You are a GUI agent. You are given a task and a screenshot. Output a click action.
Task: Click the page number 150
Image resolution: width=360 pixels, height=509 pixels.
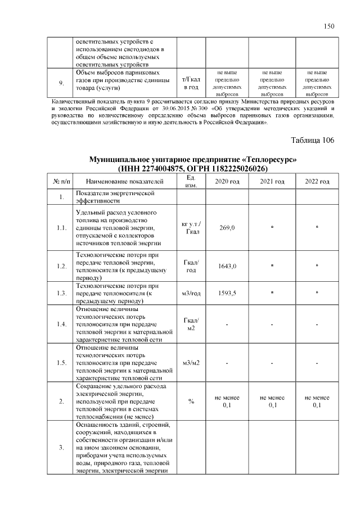[330, 26]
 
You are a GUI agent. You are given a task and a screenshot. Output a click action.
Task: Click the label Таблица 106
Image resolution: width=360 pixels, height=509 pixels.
[312, 140]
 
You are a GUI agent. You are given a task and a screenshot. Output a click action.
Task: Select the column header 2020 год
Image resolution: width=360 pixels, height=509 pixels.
[227, 181]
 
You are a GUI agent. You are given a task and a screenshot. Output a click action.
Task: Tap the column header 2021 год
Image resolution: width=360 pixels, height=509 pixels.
[272, 181]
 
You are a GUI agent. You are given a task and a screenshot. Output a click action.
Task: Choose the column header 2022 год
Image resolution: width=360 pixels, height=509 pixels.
[317, 181]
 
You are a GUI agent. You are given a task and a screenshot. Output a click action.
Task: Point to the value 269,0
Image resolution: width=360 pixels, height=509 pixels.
[227, 228]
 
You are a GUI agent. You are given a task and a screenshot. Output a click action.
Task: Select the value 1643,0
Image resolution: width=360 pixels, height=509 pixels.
[227, 266]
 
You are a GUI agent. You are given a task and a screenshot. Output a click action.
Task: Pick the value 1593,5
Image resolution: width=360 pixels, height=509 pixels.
[227, 293]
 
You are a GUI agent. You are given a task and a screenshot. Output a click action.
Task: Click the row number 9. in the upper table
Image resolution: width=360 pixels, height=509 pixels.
[61, 83]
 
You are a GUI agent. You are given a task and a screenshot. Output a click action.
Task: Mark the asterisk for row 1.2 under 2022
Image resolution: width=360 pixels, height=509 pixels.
[317, 266]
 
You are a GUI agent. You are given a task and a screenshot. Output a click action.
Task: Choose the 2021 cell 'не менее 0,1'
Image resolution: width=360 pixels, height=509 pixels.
[272, 402]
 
